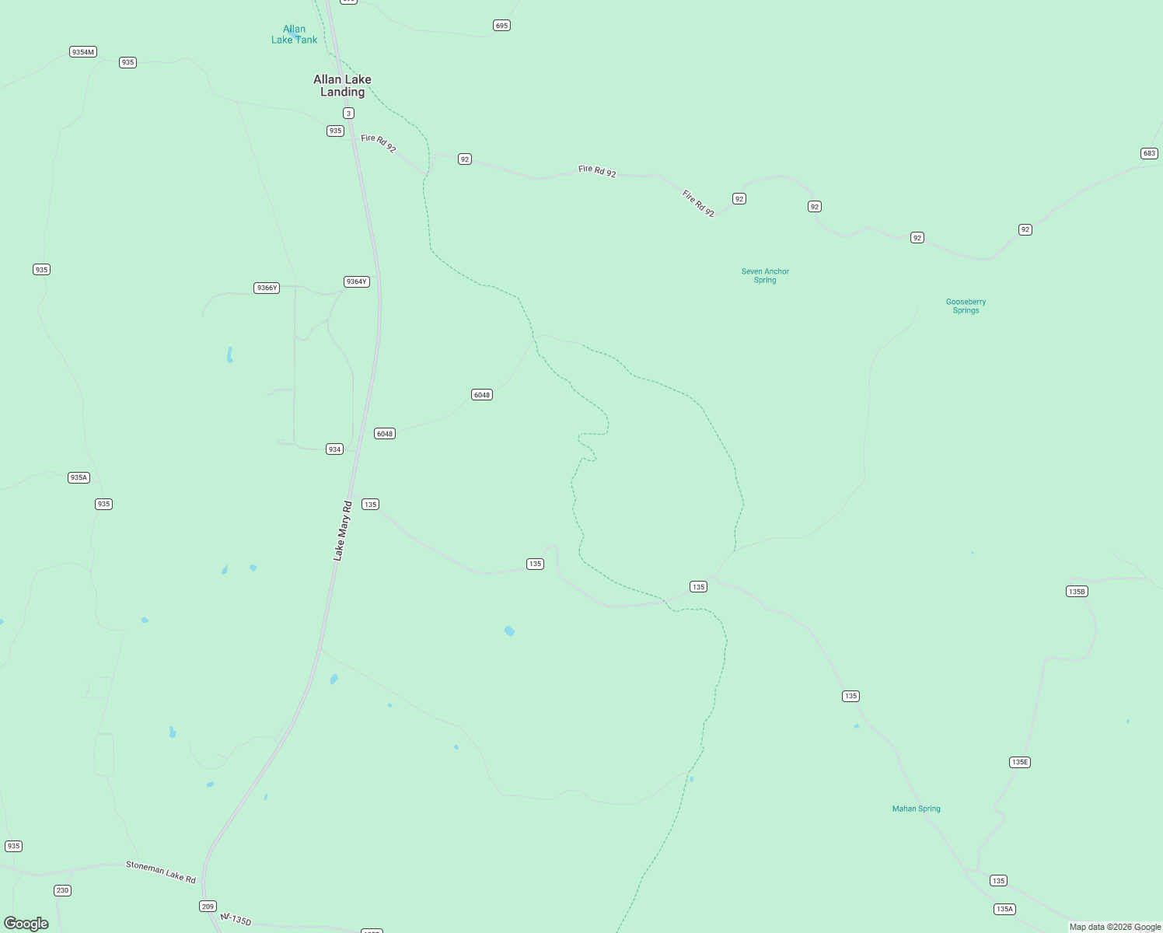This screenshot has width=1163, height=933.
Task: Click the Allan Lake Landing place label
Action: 342,86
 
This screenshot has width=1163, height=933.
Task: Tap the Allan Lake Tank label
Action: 294,34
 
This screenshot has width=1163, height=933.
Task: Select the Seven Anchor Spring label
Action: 765,276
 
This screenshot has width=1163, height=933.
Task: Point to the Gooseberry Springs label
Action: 966,306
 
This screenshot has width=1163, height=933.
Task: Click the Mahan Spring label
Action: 916,809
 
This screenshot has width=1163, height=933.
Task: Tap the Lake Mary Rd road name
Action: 342,531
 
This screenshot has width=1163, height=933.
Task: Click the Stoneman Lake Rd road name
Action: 161,872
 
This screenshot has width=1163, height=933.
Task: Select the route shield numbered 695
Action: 501,26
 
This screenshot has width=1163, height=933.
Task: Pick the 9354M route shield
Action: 82,52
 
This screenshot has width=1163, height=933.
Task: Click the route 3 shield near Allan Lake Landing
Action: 348,114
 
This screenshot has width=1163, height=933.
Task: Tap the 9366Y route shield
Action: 267,288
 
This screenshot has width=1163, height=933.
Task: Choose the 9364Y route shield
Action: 356,281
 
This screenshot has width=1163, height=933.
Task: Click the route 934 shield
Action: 334,449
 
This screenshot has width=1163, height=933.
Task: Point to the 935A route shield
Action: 79,477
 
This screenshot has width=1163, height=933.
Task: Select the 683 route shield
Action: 1149,153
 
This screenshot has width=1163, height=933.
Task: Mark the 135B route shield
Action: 1076,592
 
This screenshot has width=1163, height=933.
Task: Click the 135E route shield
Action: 1020,762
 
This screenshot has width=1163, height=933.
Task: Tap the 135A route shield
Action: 1004,909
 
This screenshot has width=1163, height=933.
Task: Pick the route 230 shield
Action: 62,890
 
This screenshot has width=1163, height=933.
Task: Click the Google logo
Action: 26,923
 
